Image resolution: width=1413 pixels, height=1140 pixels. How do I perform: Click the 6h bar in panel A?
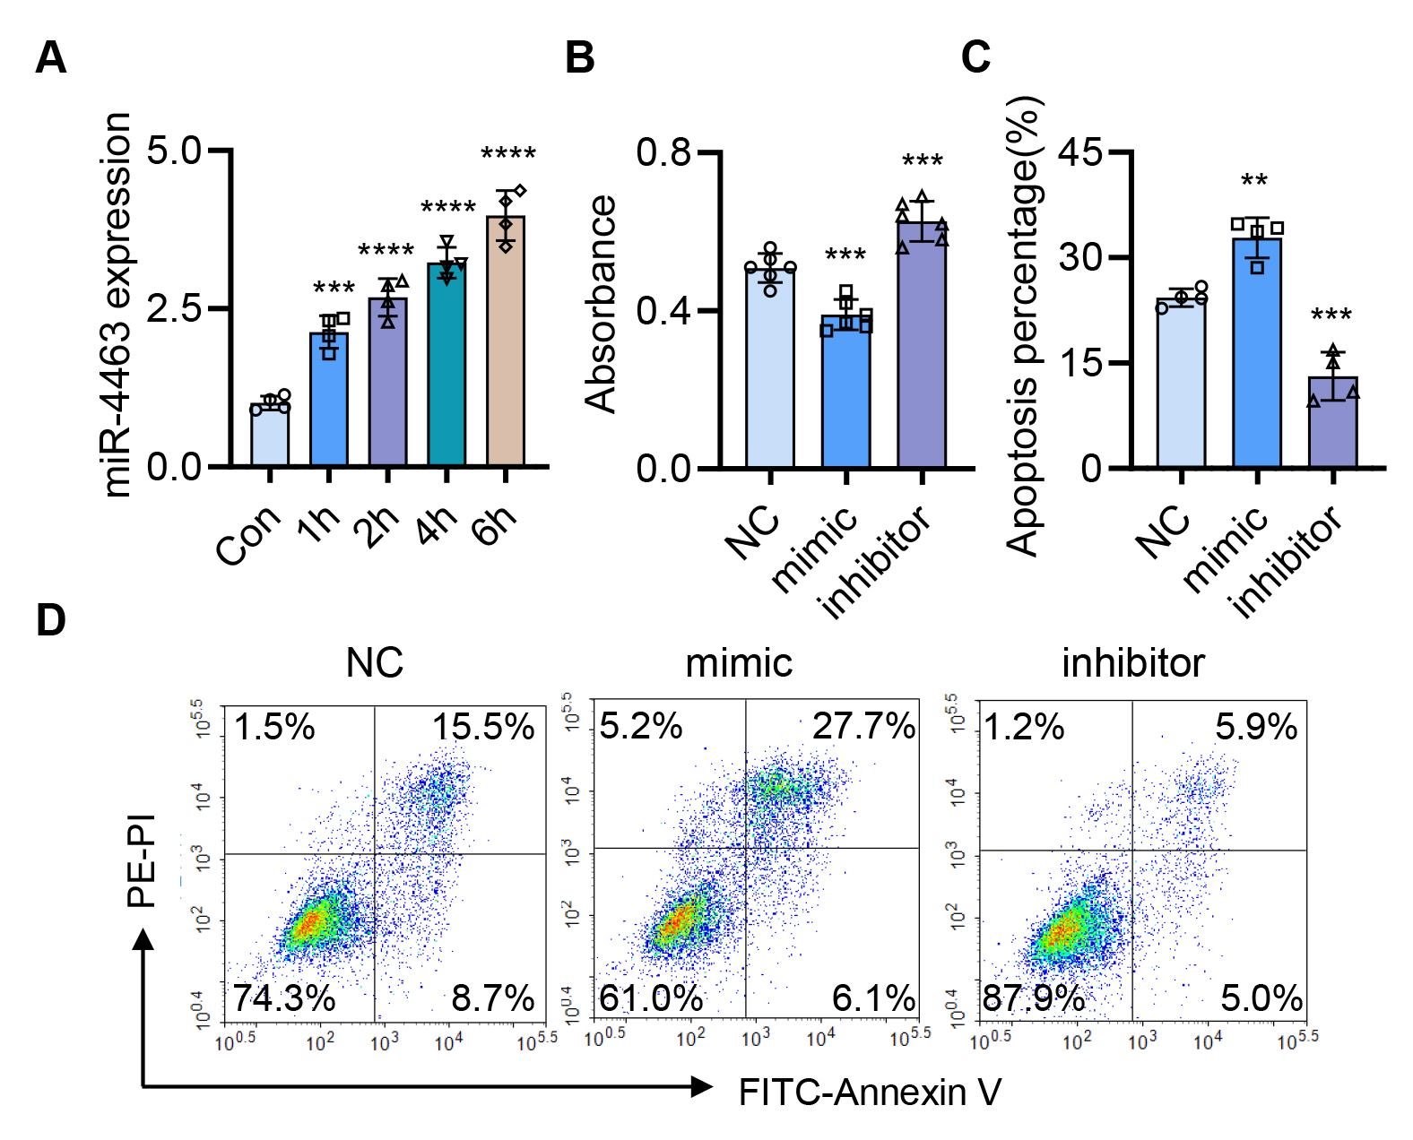coord(506,341)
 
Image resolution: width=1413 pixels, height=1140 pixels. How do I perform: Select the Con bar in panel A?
coord(270,436)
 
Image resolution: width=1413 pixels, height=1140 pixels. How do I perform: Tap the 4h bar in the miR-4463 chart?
coord(446,364)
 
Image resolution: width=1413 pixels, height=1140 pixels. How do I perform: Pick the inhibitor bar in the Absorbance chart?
coord(922,344)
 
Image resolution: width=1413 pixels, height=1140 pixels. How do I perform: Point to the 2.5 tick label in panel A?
coord(174,308)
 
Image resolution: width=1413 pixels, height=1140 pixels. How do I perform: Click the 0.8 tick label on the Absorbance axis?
coord(663,152)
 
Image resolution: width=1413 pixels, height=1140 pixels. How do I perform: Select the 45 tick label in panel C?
coord(1080,152)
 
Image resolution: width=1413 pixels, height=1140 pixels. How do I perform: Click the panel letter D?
coord(51,620)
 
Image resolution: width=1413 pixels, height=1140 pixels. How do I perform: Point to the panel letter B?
coord(580,58)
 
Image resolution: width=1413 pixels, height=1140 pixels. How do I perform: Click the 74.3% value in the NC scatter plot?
coord(284,997)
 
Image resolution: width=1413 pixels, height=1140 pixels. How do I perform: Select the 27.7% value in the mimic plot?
coord(863,726)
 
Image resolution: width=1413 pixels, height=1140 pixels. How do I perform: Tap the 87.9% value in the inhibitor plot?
coord(1034,997)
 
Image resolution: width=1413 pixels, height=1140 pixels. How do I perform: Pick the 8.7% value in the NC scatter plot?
coord(493,997)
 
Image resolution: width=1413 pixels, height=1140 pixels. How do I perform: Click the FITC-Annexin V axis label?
coord(870,1092)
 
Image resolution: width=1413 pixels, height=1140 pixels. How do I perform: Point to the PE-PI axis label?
coord(143,860)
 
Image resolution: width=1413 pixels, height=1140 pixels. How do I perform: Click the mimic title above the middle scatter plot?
coord(739,663)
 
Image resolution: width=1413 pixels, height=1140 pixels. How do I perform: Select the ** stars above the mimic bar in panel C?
coord(1254,182)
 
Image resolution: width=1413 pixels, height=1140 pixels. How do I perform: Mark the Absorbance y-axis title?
coord(602,305)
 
